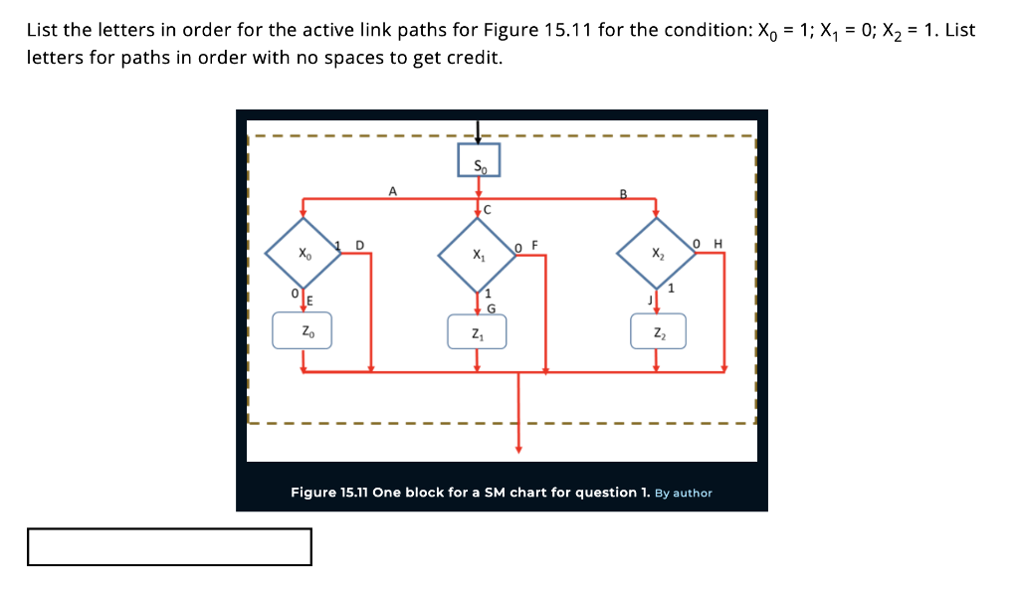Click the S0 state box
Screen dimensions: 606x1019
pos(479,160)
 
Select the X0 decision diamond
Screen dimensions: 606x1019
pos(303,255)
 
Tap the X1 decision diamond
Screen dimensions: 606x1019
pos(478,255)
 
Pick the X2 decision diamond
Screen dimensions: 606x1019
pos(655,255)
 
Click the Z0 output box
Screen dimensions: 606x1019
pos(303,331)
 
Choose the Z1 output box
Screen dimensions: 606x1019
pos(478,331)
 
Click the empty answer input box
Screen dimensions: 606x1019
pos(169,546)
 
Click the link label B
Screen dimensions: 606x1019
pos(624,192)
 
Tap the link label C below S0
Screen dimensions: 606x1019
pos(487,208)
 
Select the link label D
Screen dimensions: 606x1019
pos(359,244)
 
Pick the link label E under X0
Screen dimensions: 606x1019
pos(308,301)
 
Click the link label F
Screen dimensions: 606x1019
pos(534,244)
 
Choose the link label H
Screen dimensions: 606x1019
pos(717,244)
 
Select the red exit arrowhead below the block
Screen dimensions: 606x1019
pos(517,449)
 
